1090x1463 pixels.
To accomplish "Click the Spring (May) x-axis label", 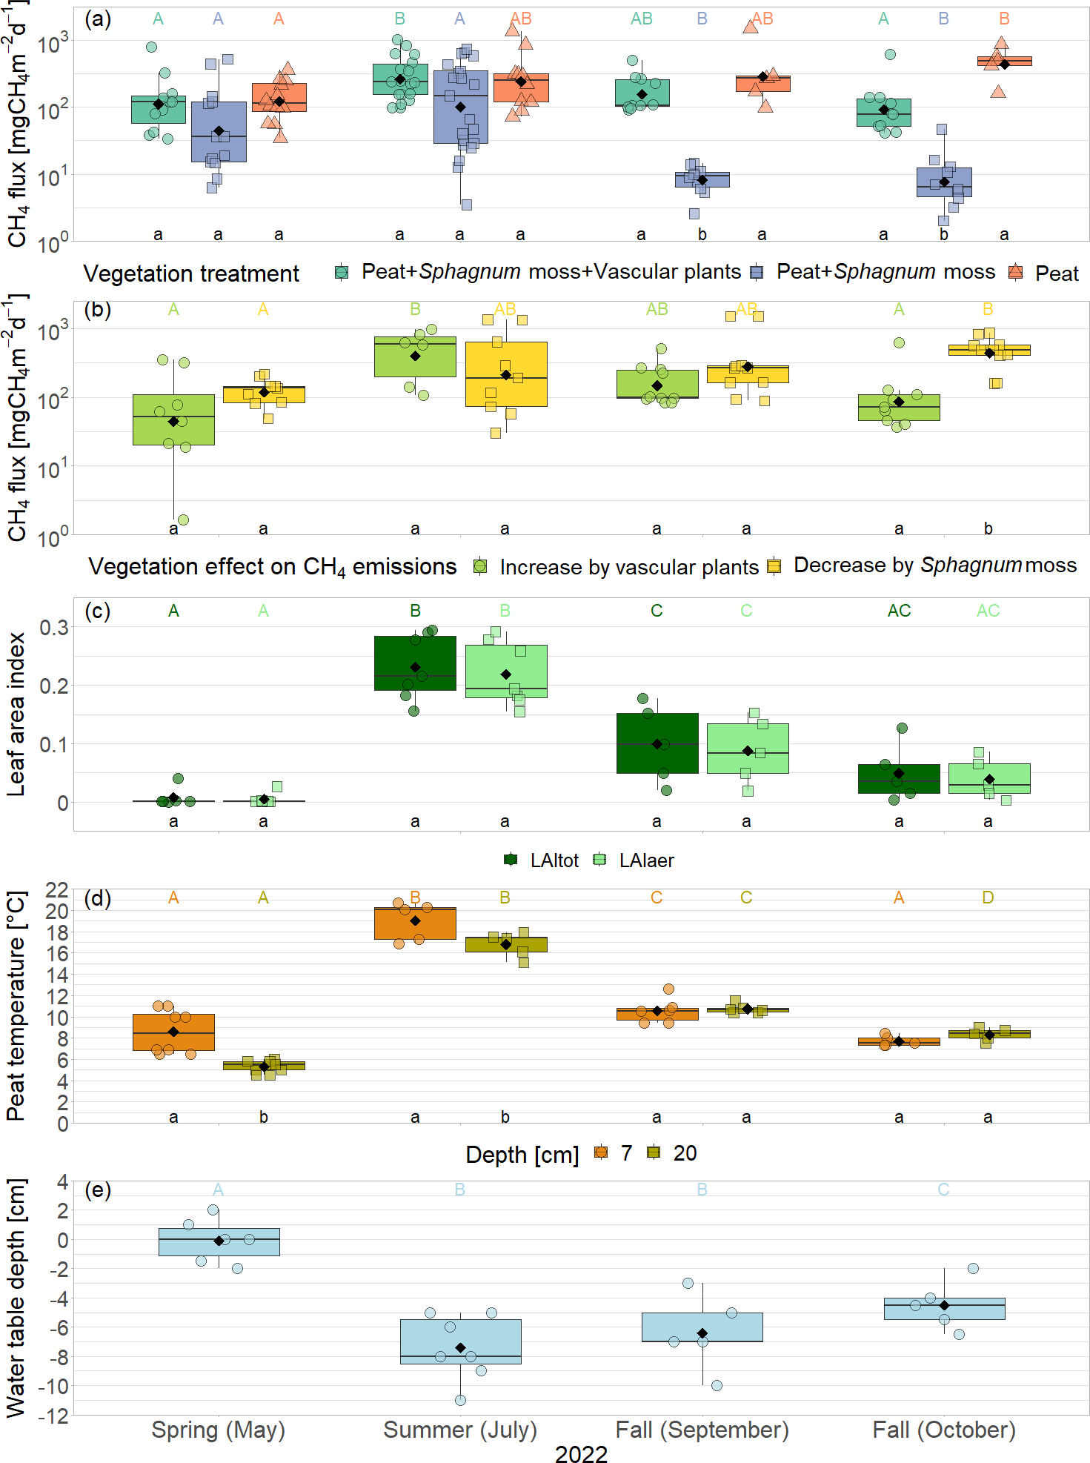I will coord(218,1429).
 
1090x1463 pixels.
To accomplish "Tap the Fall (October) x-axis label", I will coord(943,1429).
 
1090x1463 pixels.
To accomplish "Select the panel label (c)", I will coord(97,611).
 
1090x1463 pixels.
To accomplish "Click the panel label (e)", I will coord(97,1190).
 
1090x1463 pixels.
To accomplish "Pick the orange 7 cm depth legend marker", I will coord(601,1152).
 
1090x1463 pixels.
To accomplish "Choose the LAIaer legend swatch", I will coord(600,860).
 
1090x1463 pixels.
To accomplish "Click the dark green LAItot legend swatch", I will coord(511,860).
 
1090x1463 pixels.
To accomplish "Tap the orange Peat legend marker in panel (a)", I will coord(1015,273).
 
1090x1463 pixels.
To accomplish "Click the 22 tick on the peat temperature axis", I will coord(57,889).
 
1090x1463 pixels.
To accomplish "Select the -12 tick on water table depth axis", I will coord(52,1416).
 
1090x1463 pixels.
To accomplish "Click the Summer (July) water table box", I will coord(460,1341).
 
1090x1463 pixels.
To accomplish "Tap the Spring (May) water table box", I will coord(219,1242).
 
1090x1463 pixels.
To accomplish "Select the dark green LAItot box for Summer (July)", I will coord(415,663).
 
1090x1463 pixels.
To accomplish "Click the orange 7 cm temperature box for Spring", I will coord(173,1032).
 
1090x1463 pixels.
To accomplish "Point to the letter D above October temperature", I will coord(988,898).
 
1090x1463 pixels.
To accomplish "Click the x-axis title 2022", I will coord(581,1454).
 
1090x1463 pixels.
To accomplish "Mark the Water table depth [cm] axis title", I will coord(16,1297).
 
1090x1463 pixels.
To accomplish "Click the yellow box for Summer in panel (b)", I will coord(506,374).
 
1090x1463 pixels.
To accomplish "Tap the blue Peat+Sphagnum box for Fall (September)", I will coord(702,179).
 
